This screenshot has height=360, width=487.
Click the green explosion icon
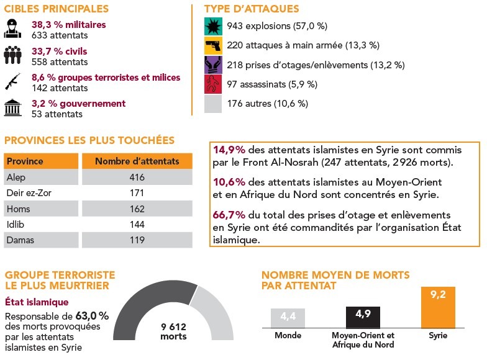coord(213,26)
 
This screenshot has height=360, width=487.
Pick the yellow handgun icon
coord(213,45)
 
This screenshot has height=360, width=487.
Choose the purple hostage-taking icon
coord(213,65)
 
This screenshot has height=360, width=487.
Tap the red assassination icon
coord(213,84)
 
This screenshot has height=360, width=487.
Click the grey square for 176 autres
coord(213,104)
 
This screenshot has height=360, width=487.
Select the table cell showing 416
coord(137,178)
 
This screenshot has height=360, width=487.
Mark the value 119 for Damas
coord(137,240)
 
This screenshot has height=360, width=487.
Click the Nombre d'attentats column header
coord(137,161)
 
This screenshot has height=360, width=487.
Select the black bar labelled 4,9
coord(363,317)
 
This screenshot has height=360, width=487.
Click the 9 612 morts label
coord(173,331)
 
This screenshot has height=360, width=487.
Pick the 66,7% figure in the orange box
coord(227,214)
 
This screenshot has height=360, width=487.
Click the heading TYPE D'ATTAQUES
coord(252,9)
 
